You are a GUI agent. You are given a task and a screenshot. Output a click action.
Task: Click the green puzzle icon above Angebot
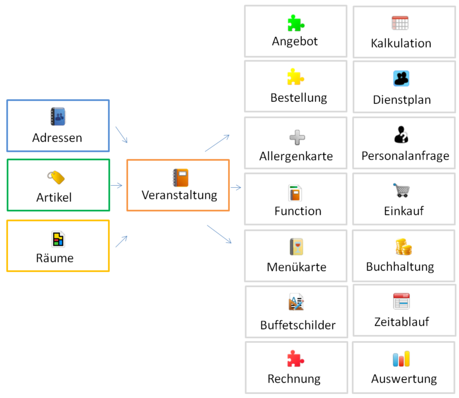pos(296,23)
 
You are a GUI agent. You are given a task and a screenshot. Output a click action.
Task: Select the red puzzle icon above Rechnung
pos(296,359)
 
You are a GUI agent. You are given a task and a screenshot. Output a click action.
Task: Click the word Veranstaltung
pos(179,195)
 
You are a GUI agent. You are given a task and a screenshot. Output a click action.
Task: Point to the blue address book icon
pos(58,117)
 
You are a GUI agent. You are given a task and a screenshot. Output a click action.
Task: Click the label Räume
pos(55,258)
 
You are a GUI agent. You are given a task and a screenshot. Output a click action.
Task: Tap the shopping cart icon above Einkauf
pos(402,190)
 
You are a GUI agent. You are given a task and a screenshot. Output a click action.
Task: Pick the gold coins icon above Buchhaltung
pos(403,247)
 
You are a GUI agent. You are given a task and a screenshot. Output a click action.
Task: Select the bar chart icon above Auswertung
pos(401,359)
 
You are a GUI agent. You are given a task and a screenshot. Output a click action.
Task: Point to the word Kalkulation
pos(401,43)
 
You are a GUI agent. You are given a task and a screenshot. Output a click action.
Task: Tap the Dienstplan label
pos(402,100)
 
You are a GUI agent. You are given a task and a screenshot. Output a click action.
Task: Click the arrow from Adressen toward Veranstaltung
pos(121,135)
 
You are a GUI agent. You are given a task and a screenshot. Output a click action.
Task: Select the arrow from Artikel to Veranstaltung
pos(116,186)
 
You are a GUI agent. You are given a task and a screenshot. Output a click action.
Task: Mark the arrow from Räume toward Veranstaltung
pos(121,241)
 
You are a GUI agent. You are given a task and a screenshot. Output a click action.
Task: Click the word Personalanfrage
pos(405,156)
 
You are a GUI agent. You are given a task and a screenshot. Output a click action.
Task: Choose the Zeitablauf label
pos(401,322)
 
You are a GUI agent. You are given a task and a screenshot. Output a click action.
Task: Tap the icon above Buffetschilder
pos(296,303)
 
